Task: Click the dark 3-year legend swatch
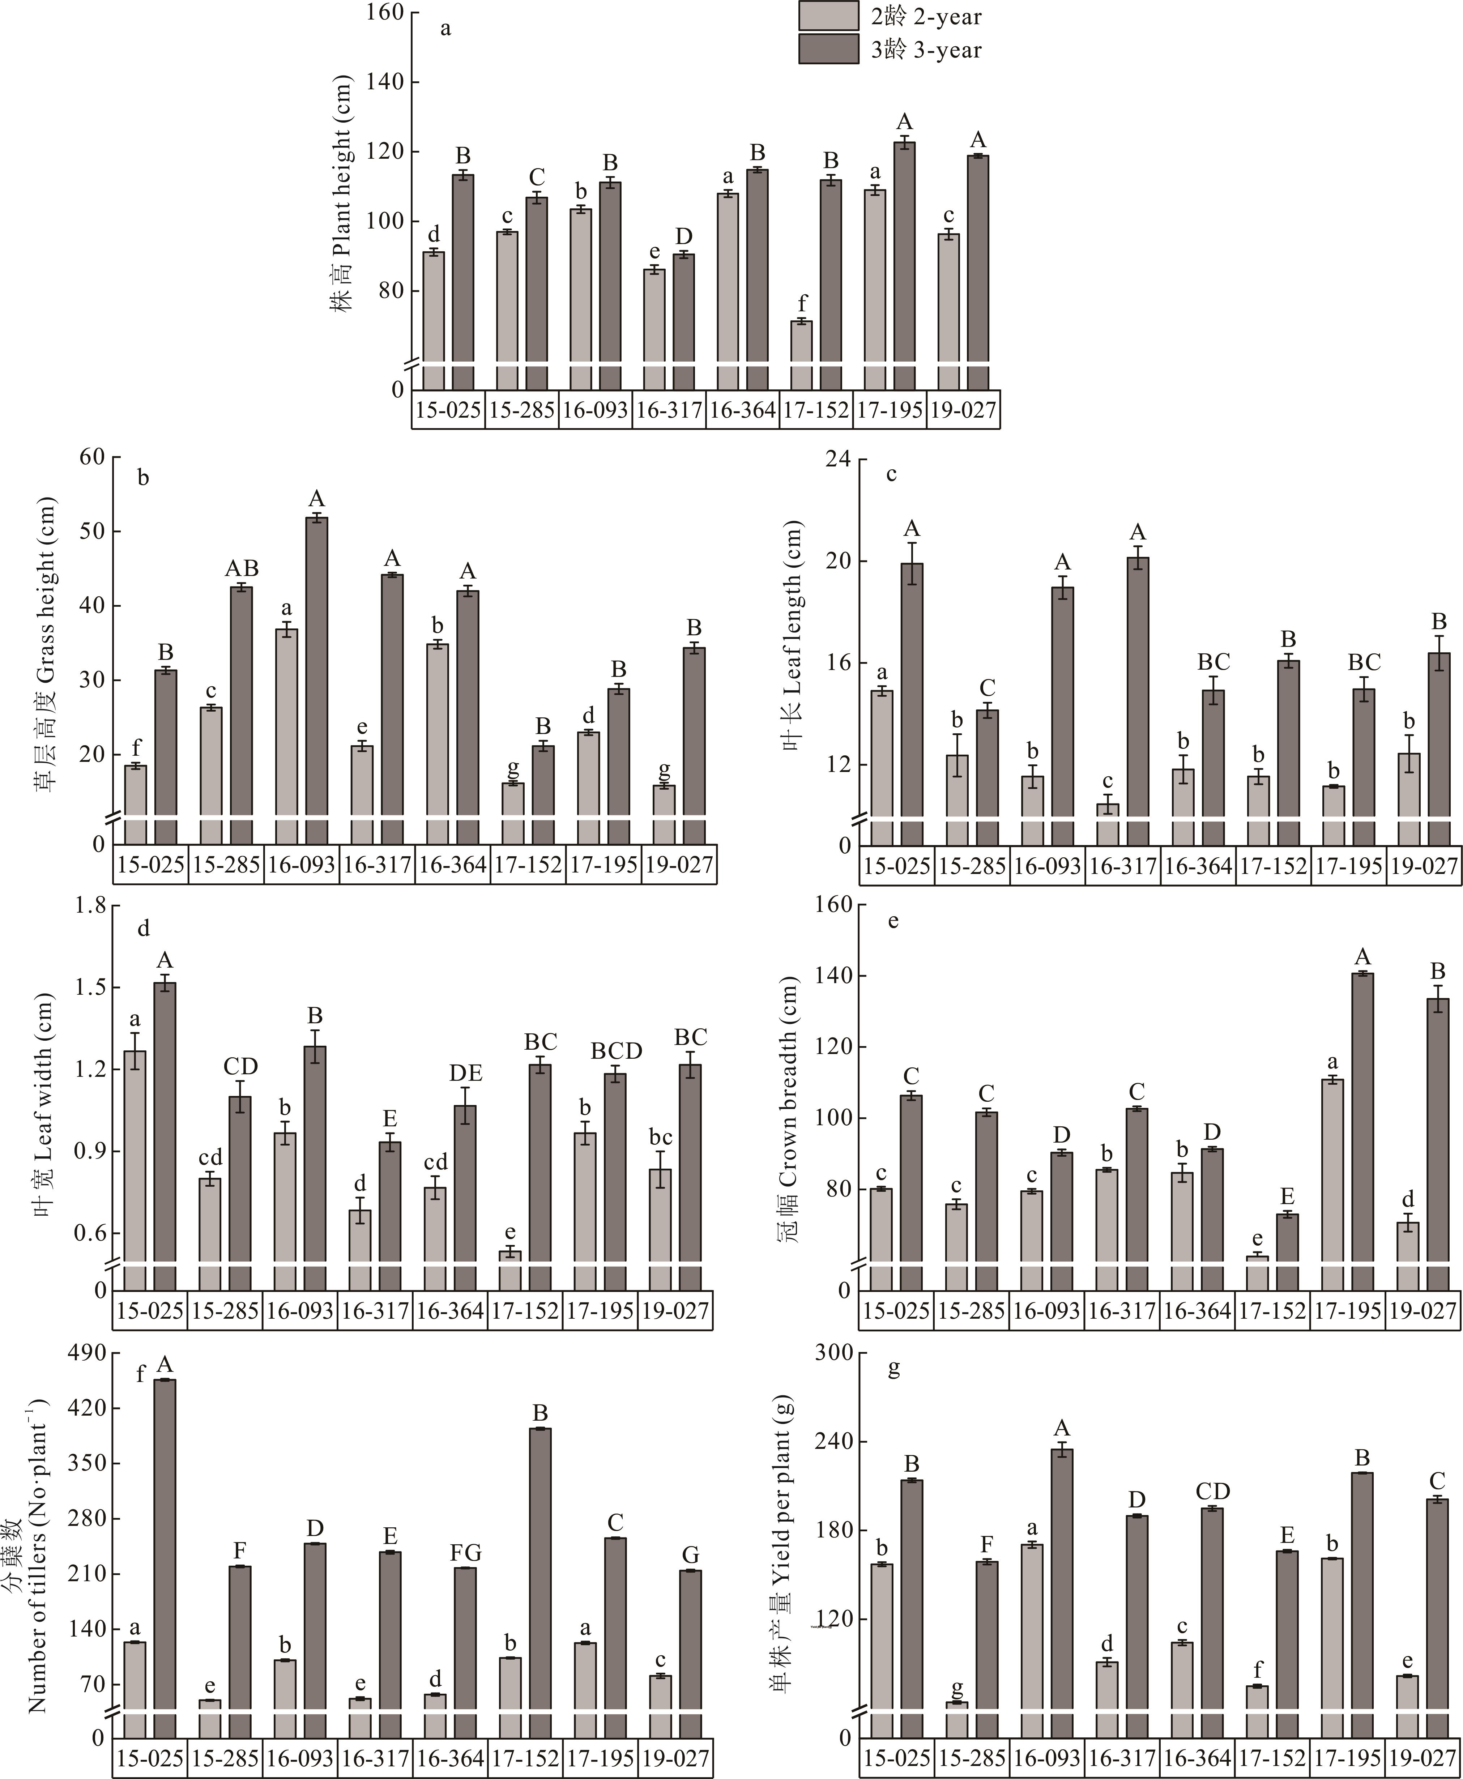pyautogui.click(x=829, y=49)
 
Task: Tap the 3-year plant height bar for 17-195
pyautogui.click(x=904, y=253)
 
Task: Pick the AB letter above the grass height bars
pyautogui.click(x=242, y=568)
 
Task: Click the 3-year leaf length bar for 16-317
pyautogui.click(x=1138, y=687)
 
